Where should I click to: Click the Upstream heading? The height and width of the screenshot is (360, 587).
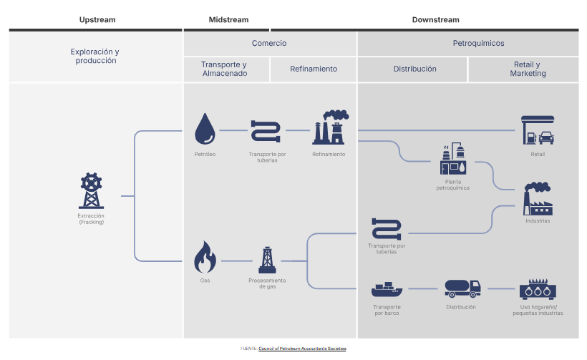tap(97, 19)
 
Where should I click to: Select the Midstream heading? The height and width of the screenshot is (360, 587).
tap(227, 19)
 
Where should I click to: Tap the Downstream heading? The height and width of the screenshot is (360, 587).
tap(435, 19)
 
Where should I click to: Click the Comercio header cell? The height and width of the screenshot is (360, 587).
tap(269, 43)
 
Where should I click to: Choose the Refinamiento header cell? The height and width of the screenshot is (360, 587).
tap(314, 69)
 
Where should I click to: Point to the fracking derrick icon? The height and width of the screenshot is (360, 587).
tap(91, 191)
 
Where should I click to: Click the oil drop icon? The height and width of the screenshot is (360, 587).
tap(205, 129)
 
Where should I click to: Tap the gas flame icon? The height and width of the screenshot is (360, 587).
tap(205, 258)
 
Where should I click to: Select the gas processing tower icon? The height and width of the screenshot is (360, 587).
tap(267, 260)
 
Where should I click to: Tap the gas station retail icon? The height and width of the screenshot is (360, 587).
tap(538, 131)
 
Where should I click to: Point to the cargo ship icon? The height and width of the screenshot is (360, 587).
tap(387, 290)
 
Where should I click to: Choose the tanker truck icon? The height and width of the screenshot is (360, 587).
tap(461, 288)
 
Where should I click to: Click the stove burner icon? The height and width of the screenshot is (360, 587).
tap(538, 288)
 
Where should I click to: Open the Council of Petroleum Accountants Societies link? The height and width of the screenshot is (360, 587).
tap(302, 349)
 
